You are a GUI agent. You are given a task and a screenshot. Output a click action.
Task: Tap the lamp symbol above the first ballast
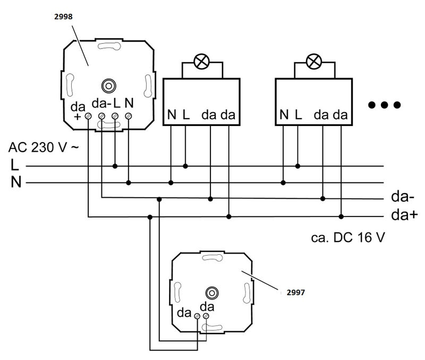(201, 62)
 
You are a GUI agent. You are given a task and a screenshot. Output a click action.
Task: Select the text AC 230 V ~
(44, 147)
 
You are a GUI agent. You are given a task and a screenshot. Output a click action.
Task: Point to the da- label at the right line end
(402, 198)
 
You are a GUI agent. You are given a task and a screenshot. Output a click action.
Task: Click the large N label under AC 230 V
(16, 183)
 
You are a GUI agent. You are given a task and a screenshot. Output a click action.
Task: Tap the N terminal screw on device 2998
(128, 115)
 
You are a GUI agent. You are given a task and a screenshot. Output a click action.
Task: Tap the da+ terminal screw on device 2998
(88, 115)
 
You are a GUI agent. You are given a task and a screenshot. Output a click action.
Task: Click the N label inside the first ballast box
(171, 114)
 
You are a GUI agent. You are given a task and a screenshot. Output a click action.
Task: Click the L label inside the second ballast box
(298, 114)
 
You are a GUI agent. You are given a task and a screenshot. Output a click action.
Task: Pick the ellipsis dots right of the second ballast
(384, 105)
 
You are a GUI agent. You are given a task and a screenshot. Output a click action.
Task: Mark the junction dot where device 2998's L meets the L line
(115, 166)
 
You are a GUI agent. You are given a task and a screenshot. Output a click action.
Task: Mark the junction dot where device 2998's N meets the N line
(128, 183)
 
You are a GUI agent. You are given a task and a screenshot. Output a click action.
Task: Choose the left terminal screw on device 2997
(197, 317)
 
